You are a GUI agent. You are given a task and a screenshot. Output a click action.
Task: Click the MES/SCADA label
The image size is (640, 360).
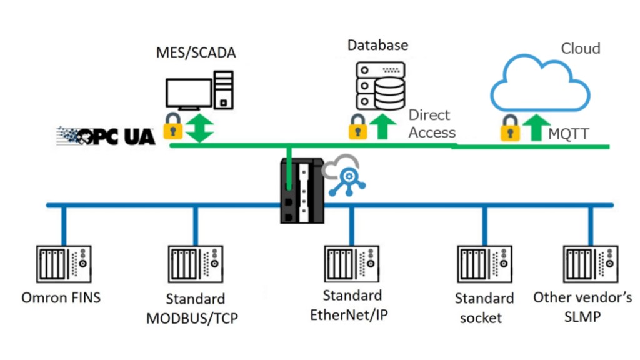coord(196,52)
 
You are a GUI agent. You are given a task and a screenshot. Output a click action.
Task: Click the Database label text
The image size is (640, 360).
coord(377,45)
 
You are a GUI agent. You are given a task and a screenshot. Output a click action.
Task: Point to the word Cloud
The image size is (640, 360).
coord(580,49)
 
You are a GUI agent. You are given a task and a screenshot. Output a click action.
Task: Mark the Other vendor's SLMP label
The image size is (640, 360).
coord(582,306)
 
